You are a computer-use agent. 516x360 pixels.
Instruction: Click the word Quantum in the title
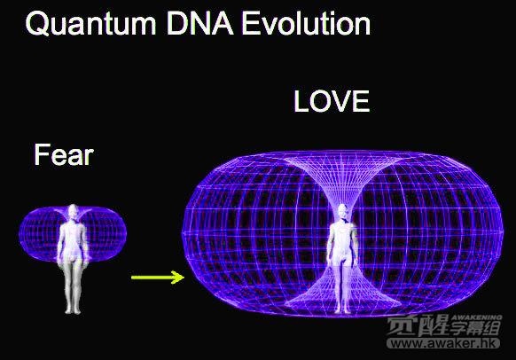tap(90, 25)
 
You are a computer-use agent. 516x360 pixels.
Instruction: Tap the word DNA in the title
tap(200, 24)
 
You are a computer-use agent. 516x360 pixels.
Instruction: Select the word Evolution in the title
tap(307, 24)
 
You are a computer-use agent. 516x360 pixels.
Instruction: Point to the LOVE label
tap(332, 101)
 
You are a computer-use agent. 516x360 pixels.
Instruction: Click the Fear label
tap(64, 154)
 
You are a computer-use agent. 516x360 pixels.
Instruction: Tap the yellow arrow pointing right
tap(158, 277)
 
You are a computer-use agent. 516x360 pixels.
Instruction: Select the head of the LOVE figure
tap(342, 212)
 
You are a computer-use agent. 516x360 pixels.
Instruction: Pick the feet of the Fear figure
tap(73, 309)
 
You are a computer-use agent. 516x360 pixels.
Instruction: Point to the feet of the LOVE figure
tap(342, 309)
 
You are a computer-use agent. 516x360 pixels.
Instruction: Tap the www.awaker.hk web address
tap(443, 343)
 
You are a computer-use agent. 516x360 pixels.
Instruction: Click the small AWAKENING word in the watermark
tap(476, 317)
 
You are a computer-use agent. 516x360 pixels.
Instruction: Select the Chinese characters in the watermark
tap(443, 326)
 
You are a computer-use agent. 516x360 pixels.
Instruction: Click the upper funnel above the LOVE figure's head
tap(342, 179)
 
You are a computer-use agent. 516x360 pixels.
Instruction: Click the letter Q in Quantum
tap(37, 24)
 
